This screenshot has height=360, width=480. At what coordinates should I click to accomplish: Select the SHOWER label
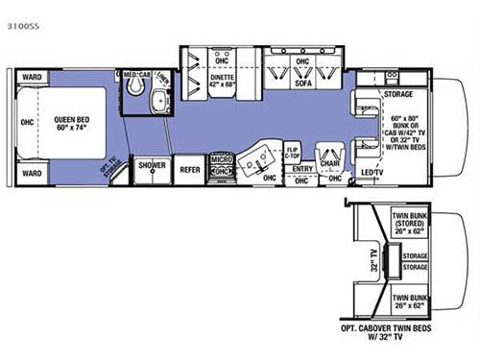151,166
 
